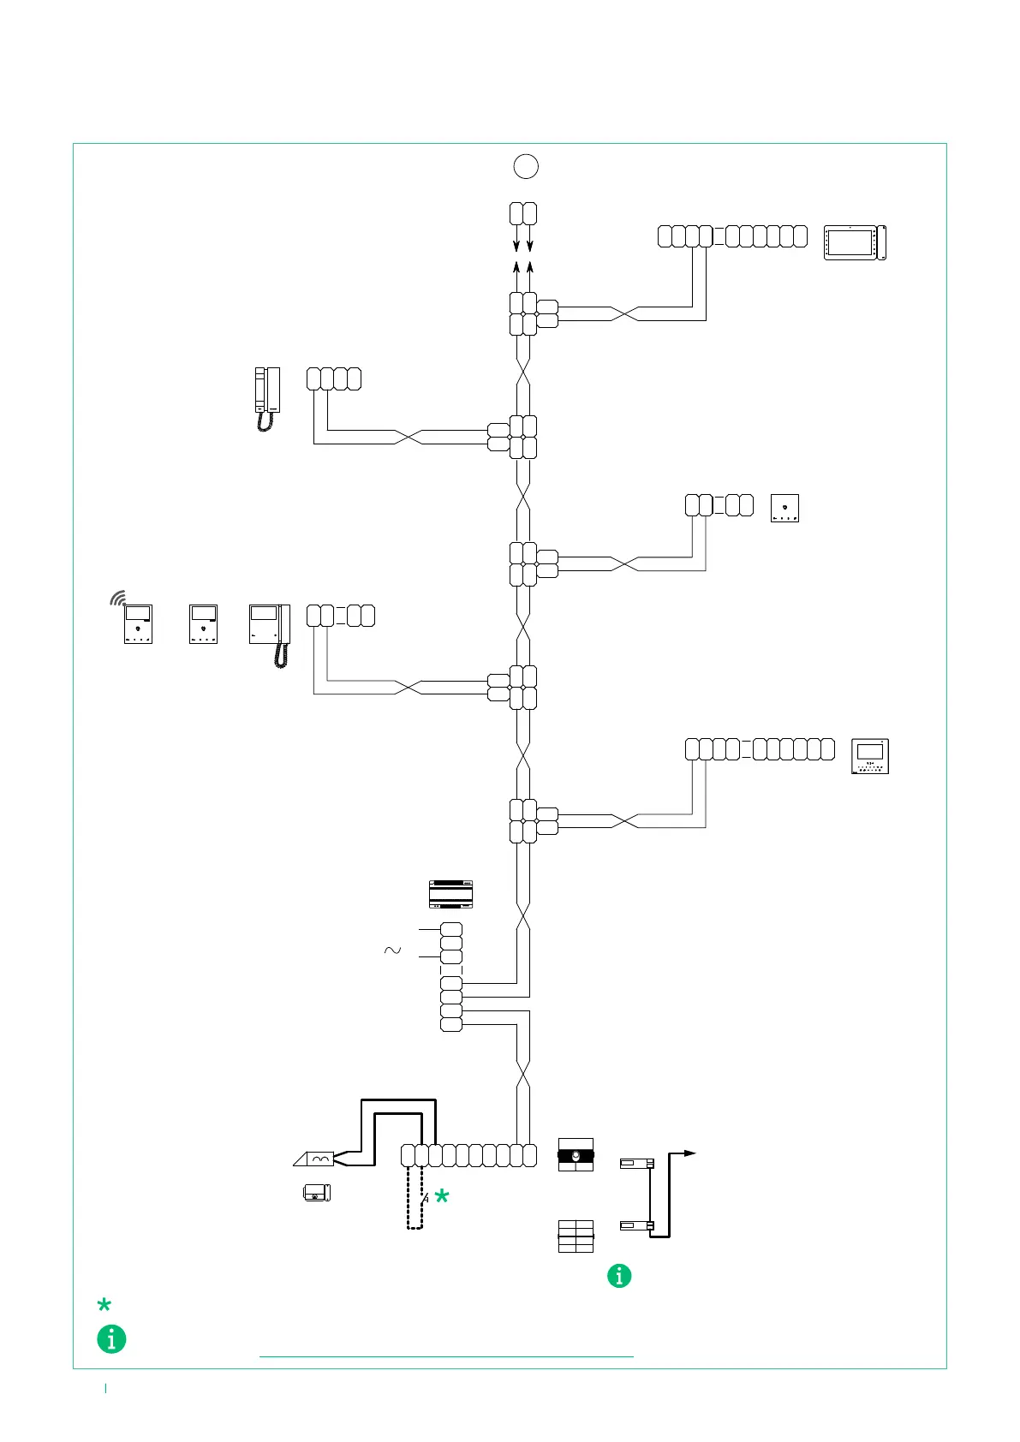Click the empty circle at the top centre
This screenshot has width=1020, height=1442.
(526, 166)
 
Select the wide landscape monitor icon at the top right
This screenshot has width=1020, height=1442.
(855, 242)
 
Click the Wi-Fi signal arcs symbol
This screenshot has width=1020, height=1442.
(118, 598)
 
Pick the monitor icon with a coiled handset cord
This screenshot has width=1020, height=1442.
(270, 635)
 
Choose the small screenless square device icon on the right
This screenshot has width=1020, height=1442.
(784, 508)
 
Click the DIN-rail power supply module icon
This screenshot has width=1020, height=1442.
(450, 894)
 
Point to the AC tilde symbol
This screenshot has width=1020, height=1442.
(392, 950)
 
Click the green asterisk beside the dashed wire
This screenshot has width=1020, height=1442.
(442, 1197)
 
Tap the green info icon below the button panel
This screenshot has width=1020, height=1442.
(619, 1276)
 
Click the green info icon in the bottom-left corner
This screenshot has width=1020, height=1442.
(111, 1338)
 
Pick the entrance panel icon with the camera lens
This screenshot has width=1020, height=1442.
(576, 1155)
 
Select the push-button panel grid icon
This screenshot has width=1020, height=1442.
(576, 1236)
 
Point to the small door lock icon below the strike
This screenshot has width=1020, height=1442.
(317, 1192)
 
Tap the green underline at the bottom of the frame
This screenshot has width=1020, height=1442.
(446, 1357)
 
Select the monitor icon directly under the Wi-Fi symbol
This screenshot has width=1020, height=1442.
(138, 624)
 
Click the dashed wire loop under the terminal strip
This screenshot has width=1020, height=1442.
(415, 1199)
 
